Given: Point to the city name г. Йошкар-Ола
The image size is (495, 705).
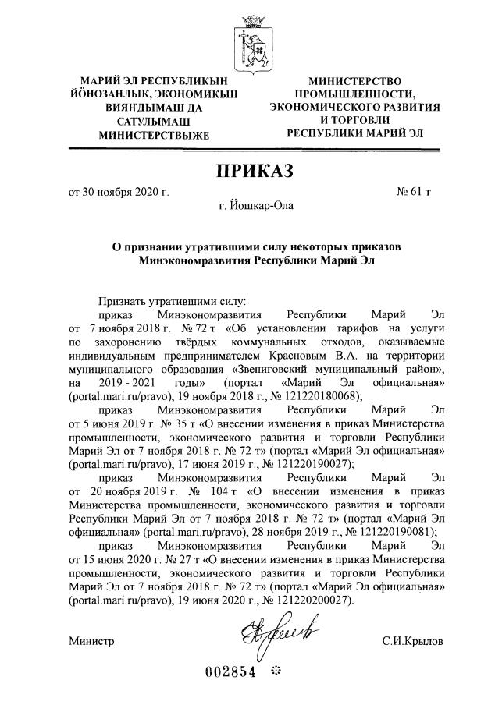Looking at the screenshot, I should [247, 206].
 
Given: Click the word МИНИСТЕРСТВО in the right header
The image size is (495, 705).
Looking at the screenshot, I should [355, 80].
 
